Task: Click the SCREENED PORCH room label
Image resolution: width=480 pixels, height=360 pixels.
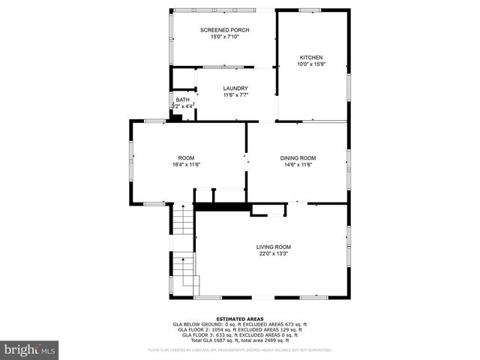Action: tap(224, 30)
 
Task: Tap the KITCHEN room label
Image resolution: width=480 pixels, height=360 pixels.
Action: tap(311, 58)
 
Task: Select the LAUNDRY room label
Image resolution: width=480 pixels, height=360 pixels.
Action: tap(235, 88)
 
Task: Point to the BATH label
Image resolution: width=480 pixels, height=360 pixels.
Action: tap(183, 100)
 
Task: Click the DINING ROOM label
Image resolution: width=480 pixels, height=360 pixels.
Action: tap(298, 157)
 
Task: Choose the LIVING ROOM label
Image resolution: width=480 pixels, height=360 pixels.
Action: tap(273, 247)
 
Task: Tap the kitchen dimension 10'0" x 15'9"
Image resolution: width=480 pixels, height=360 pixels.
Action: tap(311, 64)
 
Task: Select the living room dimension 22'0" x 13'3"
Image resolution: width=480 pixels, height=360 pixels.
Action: tap(273, 253)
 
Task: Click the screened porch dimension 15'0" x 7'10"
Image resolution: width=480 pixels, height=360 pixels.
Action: tap(224, 37)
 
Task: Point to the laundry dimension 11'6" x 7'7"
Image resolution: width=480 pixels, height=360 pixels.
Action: tap(235, 95)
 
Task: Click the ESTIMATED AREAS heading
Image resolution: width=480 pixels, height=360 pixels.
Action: tap(239, 319)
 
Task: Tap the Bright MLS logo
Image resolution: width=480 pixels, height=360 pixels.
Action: tap(30, 349)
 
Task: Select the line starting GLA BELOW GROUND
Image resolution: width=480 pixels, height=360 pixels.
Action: tap(239, 324)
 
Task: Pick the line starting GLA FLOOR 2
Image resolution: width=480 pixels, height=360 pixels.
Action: tap(239, 329)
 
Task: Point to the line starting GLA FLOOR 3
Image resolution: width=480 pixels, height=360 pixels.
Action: tap(239, 334)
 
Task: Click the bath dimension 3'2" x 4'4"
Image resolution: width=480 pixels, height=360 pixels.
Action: tap(183, 106)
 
